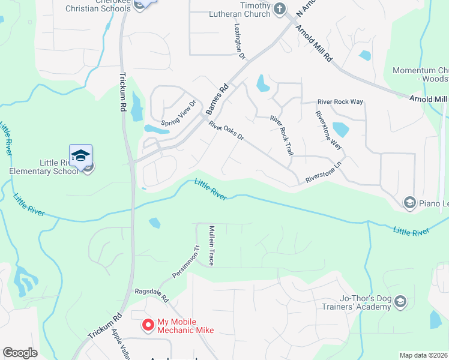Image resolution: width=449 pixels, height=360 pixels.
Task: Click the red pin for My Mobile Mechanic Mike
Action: pyautogui.click(x=147, y=325)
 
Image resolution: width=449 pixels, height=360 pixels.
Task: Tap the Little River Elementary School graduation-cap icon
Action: pyautogui.click(x=80, y=155)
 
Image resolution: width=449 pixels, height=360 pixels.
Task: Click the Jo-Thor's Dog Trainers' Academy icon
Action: pyautogui.click(x=400, y=301)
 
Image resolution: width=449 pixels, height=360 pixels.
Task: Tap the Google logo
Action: pyautogui.click(x=20, y=353)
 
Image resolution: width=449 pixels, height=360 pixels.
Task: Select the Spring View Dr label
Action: pyautogui.click(x=179, y=110)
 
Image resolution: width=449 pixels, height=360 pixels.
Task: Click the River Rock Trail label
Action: pyautogui.click(x=282, y=136)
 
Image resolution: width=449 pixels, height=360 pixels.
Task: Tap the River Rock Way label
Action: pyautogui.click(x=340, y=102)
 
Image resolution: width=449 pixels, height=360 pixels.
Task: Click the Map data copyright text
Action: pyautogui.click(x=424, y=355)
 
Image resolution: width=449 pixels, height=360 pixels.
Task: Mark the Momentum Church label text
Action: pyautogui.click(x=420, y=74)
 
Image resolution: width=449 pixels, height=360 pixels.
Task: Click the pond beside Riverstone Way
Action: pyautogui.click(x=340, y=130)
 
